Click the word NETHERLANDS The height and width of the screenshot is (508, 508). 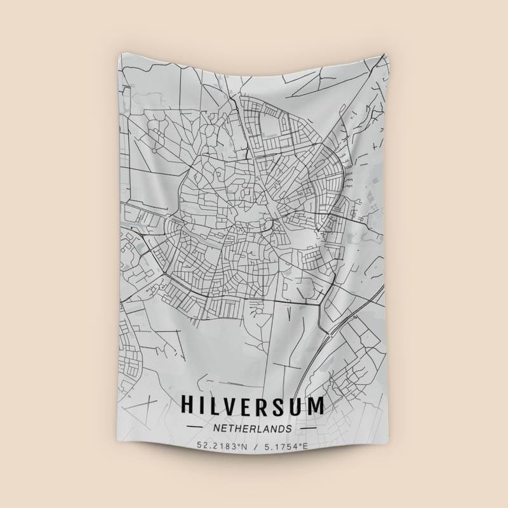pyautogui.click(x=252, y=429)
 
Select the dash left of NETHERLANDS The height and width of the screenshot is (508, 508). pyautogui.click(x=194, y=429)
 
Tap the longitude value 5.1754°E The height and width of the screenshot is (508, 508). pyautogui.click(x=284, y=446)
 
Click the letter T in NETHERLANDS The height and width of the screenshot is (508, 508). pyautogui.click(x=232, y=429)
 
